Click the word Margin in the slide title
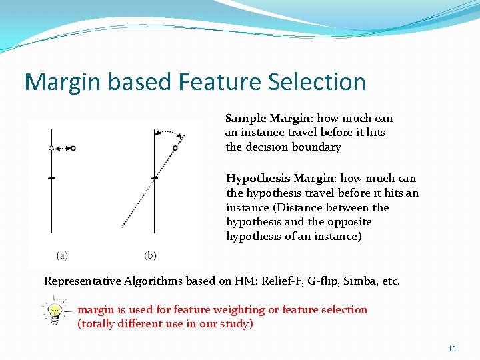[x=59, y=82]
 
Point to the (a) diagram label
[x=61, y=255]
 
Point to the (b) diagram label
[x=151, y=255]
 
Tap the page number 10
[x=451, y=349]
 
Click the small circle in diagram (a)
[x=73, y=148]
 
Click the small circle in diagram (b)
[x=175, y=148]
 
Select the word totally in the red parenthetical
[x=99, y=324]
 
